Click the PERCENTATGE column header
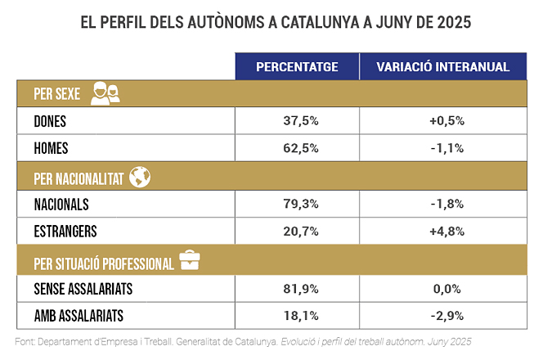(297, 66)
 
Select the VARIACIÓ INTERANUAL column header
(442, 66)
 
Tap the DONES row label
(50, 121)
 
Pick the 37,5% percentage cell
(297, 121)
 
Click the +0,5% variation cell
(446, 121)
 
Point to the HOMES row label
(51, 148)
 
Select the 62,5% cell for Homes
(297, 148)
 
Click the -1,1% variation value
(446, 148)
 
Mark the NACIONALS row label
(61, 204)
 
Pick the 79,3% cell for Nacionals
(297, 204)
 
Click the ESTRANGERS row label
(66, 232)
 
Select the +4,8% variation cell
(446, 232)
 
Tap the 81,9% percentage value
(297, 288)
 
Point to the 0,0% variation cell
(446, 288)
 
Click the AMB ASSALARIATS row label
(79, 316)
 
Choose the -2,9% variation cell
(446, 316)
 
